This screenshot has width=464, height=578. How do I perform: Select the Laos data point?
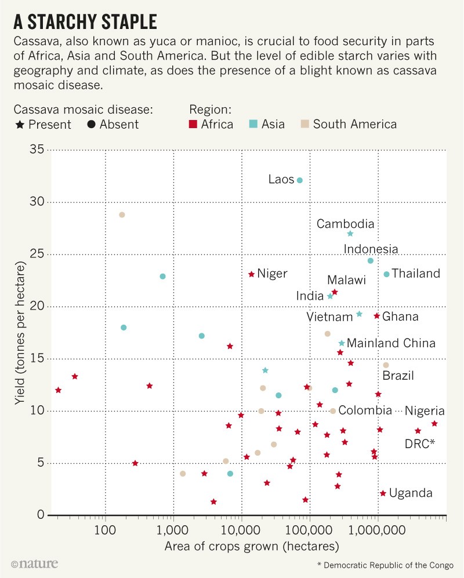tap(300, 180)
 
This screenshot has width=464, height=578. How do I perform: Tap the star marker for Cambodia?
tap(350, 234)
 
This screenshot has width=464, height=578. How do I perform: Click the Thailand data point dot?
tap(387, 274)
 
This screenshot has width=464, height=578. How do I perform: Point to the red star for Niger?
tap(251, 274)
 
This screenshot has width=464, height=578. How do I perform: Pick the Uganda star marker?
tap(383, 493)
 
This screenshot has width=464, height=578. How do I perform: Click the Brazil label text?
tap(398, 376)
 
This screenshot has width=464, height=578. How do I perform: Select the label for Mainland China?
tap(391, 343)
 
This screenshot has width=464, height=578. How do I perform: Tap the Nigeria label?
tap(425, 411)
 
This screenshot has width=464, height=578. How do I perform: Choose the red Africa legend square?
tap(194, 124)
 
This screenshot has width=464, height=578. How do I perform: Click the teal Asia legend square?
tap(253, 124)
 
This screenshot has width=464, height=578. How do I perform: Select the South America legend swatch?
tap(305, 124)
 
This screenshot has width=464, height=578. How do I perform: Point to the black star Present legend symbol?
tap(20, 124)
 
